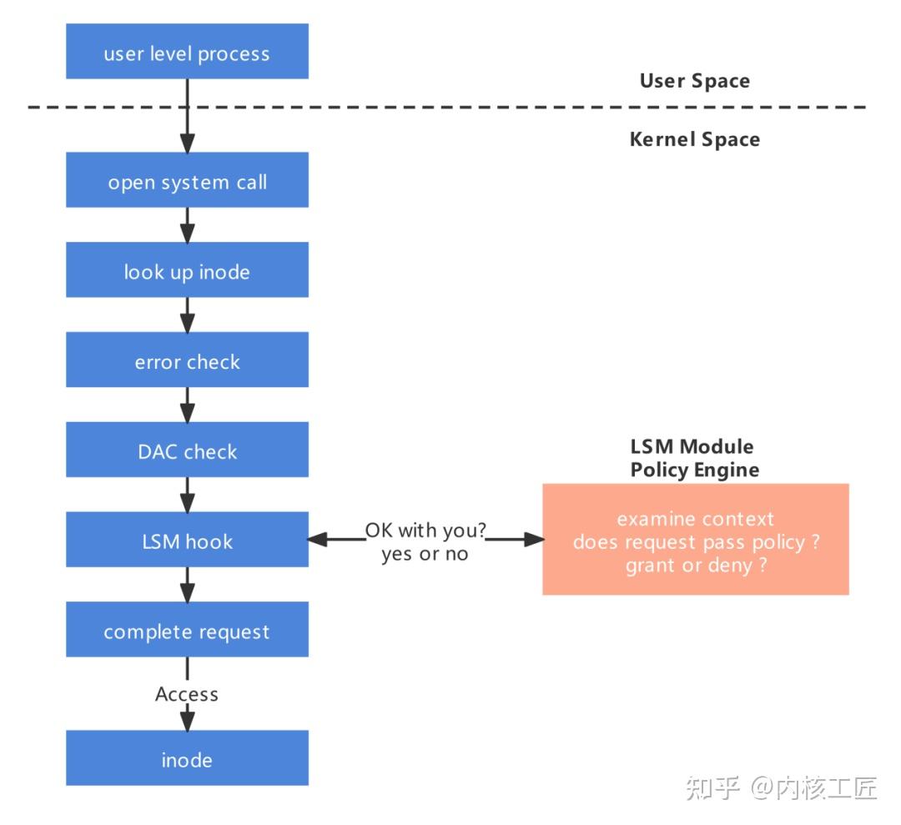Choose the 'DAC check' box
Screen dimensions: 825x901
(x=187, y=450)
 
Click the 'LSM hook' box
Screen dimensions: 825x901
(x=187, y=541)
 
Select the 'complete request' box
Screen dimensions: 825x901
(x=187, y=631)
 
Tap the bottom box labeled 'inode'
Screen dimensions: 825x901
(x=187, y=758)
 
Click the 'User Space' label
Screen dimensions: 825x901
(x=694, y=81)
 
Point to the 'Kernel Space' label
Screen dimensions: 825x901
(x=694, y=139)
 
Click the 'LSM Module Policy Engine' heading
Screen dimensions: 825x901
(x=694, y=458)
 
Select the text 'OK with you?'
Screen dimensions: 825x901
(x=425, y=531)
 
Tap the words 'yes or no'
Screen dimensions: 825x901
(x=425, y=554)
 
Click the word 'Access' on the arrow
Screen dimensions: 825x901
(x=187, y=694)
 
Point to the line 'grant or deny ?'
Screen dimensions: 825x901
(x=696, y=566)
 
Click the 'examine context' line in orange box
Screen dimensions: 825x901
(x=696, y=519)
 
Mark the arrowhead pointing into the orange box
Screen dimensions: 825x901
(x=535, y=540)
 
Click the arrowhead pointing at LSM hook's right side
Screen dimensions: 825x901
(x=316, y=540)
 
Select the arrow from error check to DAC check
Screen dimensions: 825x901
(x=187, y=405)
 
